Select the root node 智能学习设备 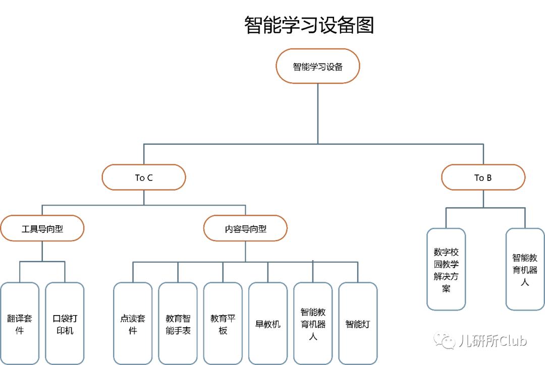317,67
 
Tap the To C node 144,177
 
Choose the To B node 483,177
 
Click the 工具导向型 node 42,229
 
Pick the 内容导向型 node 245,229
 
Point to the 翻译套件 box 20,324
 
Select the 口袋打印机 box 65,324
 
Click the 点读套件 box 133,324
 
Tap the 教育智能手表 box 178,324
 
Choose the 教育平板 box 223,324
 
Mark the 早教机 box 267,324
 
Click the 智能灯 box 357,324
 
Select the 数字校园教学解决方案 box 446,269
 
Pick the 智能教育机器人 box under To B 525,269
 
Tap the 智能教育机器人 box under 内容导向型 313,324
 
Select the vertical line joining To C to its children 144,198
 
